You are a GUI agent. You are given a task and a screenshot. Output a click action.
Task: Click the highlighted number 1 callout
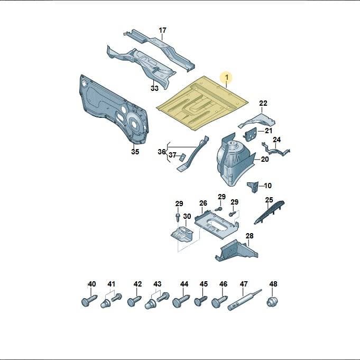(x=227, y=77)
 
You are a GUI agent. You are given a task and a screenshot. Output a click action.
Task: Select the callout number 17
(x=162, y=30)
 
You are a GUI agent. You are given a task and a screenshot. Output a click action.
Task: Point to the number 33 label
(x=154, y=88)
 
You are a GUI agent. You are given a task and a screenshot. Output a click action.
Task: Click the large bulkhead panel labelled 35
(x=115, y=110)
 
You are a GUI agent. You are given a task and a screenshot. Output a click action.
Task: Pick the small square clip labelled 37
(x=182, y=158)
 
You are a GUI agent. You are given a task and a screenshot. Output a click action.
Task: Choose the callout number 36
(x=161, y=152)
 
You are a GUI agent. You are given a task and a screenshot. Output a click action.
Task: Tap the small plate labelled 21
(x=250, y=134)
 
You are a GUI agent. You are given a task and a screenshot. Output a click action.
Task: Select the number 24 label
(x=276, y=140)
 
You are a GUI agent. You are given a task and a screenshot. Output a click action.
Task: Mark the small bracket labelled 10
(x=253, y=187)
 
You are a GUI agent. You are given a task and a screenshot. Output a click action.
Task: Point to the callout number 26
(x=203, y=203)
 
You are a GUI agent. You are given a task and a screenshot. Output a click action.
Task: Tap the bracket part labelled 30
(x=182, y=234)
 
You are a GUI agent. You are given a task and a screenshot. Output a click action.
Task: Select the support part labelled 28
(x=236, y=251)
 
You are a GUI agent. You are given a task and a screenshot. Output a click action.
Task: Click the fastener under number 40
(x=89, y=300)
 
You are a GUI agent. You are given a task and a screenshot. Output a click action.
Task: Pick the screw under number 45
(x=200, y=301)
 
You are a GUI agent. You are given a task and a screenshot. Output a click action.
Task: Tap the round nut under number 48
(x=272, y=301)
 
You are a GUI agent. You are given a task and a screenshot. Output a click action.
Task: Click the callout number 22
(x=263, y=103)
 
